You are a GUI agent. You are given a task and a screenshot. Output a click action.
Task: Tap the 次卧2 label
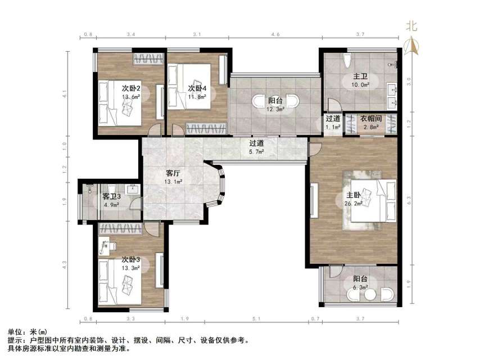pos(131,88)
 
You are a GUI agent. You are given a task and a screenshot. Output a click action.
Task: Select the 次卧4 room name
pos(197,88)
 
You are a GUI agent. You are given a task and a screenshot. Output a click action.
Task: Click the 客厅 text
pos(173,173)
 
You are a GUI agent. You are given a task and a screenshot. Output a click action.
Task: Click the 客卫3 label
pos(112,196)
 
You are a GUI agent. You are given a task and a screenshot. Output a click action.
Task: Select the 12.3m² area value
pos(276,109)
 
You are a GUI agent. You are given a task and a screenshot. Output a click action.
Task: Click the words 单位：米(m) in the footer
pos(28,332)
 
